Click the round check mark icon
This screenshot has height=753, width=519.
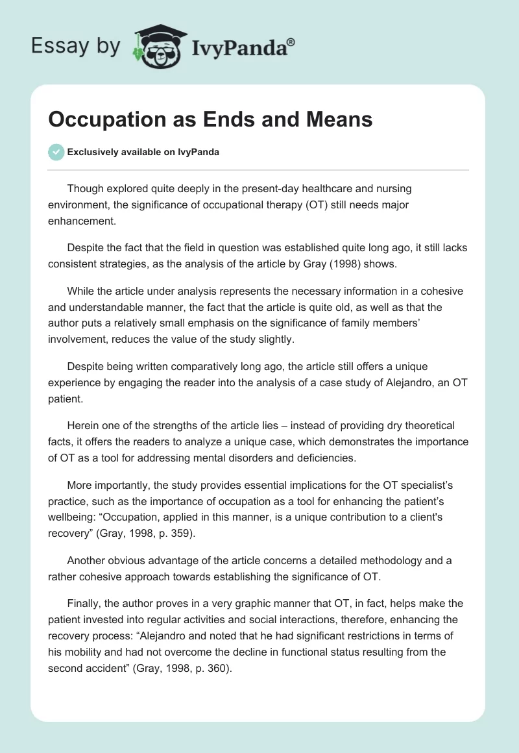coord(56,152)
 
